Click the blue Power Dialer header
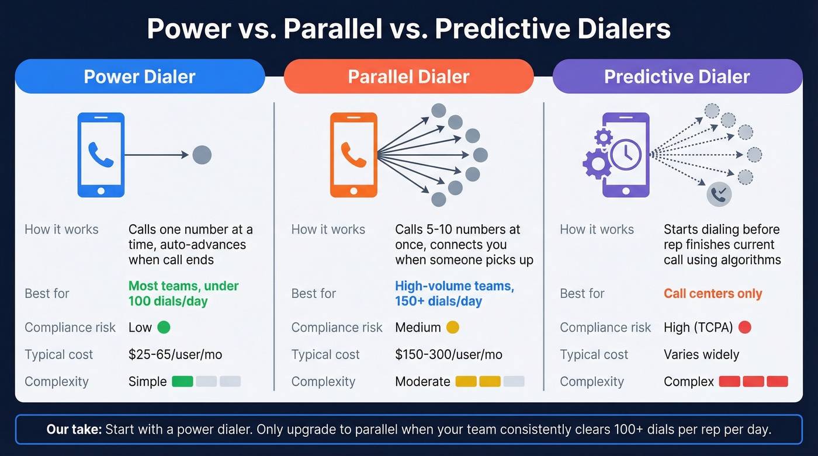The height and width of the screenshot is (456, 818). click(x=140, y=76)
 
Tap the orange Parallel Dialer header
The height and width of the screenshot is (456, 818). click(x=408, y=76)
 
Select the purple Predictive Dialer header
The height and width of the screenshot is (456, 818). click(x=677, y=76)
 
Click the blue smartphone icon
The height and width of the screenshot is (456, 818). click(x=101, y=155)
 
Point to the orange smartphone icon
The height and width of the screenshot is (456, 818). click(x=353, y=155)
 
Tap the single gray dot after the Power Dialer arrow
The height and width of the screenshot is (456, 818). click(x=202, y=155)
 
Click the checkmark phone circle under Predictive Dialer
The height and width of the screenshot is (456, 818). click(x=719, y=194)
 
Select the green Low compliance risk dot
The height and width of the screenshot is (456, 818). click(x=164, y=328)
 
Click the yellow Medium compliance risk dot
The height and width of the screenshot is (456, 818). click(x=453, y=328)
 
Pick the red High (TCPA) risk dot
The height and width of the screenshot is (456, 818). click(x=744, y=328)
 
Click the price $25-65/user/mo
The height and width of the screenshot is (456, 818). click(x=175, y=354)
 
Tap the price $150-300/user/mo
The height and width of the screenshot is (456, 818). click(x=449, y=354)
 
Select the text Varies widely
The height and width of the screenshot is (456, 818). click(x=701, y=354)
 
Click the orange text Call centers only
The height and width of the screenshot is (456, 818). click(x=713, y=294)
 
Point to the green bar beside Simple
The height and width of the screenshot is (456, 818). click(x=182, y=382)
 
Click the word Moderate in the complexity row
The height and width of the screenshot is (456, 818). click(x=422, y=382)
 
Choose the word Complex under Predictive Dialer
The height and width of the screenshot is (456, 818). click(x=689, y=382)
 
